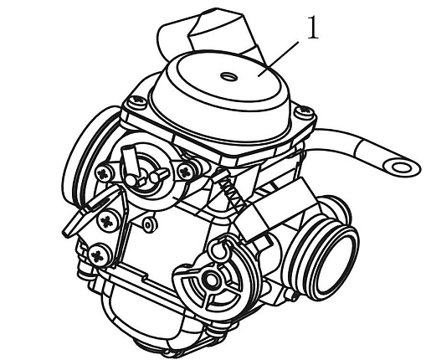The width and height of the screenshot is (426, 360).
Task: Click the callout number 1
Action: point(312,28)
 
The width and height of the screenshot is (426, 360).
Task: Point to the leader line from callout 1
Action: point(278,59)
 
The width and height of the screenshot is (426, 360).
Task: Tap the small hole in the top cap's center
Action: point(229,75)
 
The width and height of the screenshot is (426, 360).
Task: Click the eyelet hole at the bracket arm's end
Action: point(402,167)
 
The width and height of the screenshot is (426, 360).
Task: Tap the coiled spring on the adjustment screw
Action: point(230,191)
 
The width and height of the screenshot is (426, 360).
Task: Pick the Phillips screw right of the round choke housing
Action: point(186,171)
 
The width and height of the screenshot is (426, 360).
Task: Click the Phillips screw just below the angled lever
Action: point(107,221)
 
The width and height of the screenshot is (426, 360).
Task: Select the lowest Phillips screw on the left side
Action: point(98,255)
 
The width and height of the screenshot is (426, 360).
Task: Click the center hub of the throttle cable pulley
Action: point(212,280)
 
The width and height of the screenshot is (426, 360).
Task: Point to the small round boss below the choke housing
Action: point(148,224)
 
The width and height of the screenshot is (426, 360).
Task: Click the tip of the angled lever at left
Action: point(66,234)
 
